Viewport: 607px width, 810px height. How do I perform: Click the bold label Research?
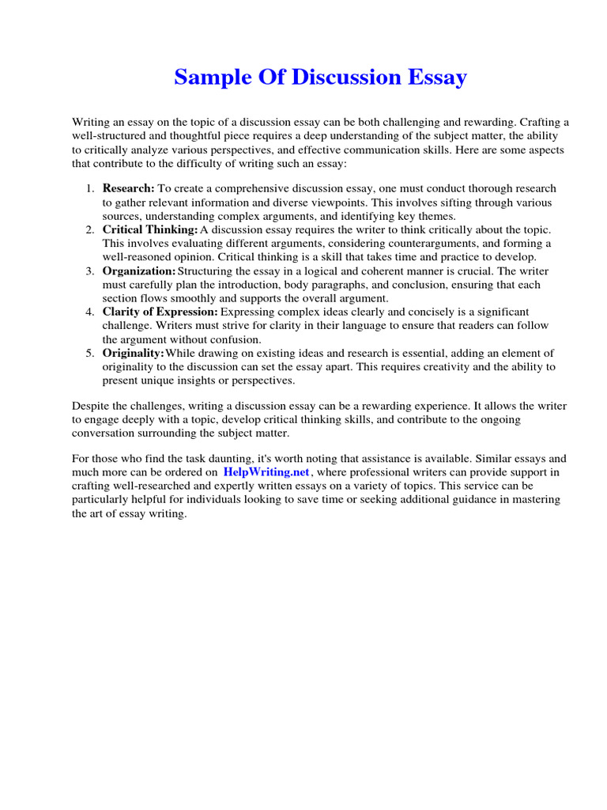(x=128, y=188)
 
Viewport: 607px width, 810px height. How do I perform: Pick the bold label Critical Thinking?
(x=150, y=229)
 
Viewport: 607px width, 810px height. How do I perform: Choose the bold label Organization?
(x=139, y=271)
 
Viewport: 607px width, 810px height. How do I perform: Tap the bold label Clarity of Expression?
(x=160, y=312)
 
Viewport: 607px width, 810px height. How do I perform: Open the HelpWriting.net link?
(x=266, y=472)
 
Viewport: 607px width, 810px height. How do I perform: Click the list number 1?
(x=89, y=188)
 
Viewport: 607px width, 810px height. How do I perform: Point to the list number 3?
(x=89, y=271)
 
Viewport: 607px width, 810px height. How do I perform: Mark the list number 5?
(x=89, y=353)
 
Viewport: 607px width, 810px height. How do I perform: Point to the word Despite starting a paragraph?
(x=91, y=406)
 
